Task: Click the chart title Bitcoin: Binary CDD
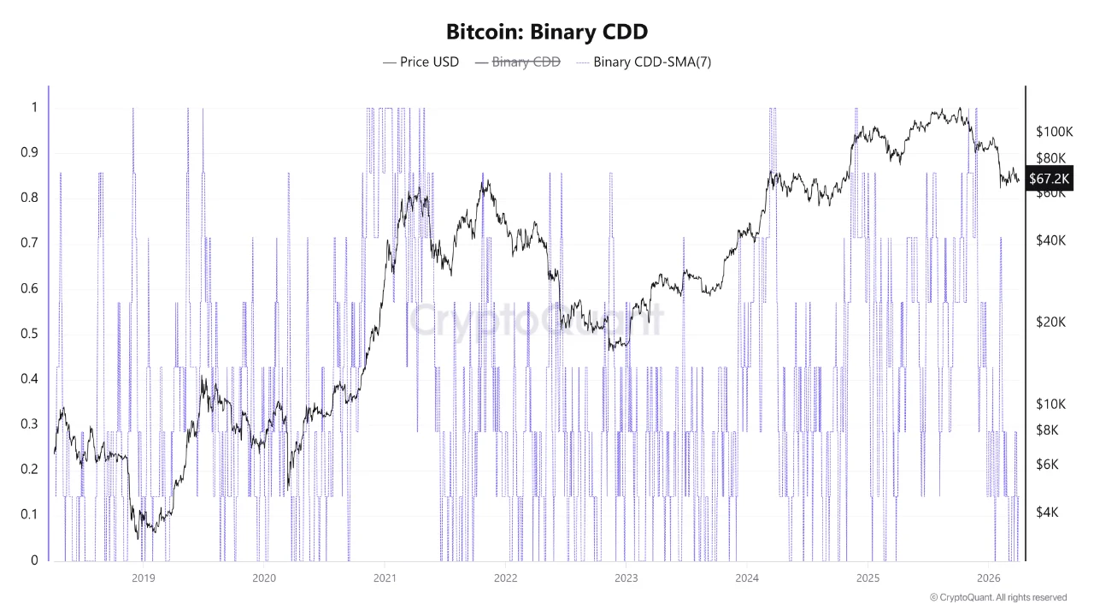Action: (x=547, y=33)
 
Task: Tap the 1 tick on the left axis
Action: (x=34, y=108)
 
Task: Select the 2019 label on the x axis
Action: (x=143, y=577)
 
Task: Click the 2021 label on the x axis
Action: (x=385, y=577)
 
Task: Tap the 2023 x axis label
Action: (x=626, y=577)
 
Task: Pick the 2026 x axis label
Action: (x=988, y=577)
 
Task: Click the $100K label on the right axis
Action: (x=1054, y=132)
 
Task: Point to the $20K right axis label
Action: (x=1050, y=322)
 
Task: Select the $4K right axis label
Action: (x=1047, y=512)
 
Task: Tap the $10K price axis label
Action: (x=1050, y=403)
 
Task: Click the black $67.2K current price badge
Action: (x=1049, y=178)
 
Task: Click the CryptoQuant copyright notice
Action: (x=997, y=597)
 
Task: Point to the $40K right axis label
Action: (x=1050, y=240)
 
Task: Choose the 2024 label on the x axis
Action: (x=747, y=577)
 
